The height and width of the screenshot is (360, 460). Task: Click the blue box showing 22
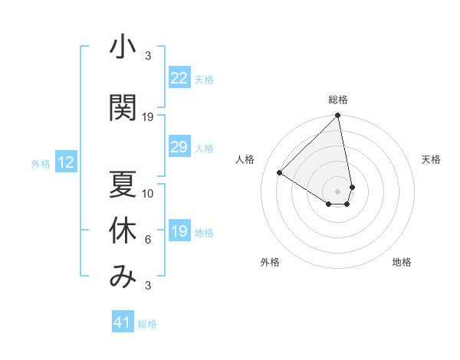179,78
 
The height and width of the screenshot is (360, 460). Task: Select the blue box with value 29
179,148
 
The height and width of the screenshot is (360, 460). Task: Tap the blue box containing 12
66,162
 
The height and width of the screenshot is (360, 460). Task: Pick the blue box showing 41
123,322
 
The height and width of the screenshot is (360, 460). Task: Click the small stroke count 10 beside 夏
148,193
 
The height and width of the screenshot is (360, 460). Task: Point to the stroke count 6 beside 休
148,241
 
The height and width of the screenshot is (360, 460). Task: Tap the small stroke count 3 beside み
148,286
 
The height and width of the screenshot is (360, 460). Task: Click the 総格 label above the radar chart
338,100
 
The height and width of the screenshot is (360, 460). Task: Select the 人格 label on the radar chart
245,159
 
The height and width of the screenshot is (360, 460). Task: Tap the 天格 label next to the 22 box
204,79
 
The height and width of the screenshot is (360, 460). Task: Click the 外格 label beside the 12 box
41,163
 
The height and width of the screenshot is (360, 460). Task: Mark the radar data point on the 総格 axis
338,116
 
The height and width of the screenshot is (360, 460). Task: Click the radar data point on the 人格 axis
280,173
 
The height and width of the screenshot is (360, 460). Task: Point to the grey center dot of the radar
338,191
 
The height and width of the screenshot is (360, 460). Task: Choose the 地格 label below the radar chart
402,262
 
